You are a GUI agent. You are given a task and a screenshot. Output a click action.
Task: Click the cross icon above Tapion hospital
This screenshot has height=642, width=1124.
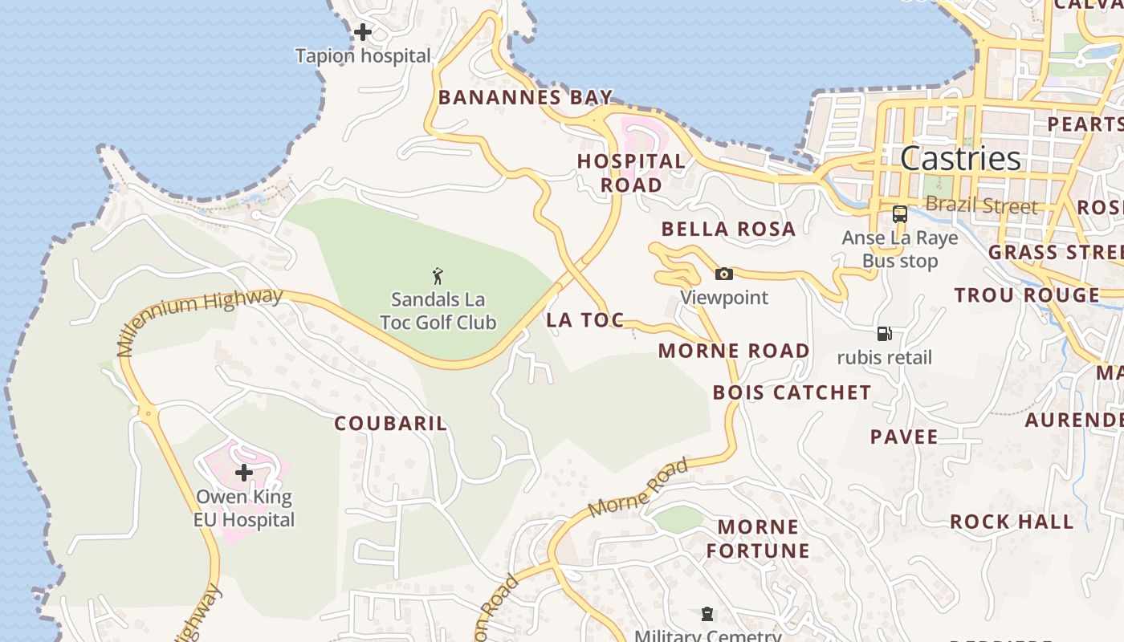363,32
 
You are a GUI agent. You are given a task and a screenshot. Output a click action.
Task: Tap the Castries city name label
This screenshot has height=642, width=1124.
960,158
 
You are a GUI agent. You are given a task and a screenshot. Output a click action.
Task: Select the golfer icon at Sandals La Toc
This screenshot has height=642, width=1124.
438,277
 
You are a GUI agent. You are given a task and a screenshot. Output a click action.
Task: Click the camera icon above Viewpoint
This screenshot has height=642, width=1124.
724,274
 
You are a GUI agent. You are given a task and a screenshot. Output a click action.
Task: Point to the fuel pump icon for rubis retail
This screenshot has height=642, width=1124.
885,334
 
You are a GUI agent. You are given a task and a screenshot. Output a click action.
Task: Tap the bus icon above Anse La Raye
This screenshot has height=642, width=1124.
900,214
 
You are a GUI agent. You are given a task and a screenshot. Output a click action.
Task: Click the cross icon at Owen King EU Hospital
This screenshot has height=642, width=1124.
244,473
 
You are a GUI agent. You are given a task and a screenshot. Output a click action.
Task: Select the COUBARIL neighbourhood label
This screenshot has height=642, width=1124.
390,424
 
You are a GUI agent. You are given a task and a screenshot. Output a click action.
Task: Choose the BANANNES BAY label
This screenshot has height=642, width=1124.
525,98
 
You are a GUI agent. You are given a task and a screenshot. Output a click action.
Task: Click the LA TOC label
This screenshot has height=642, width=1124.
585,320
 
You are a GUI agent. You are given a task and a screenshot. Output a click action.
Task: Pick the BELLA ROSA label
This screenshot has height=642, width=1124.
728,230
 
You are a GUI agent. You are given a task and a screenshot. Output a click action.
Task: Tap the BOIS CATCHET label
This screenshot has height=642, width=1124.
792,392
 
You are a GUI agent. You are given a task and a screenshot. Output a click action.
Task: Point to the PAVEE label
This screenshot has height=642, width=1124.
904,437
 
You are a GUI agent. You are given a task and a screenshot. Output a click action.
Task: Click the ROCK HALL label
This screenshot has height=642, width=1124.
1012,522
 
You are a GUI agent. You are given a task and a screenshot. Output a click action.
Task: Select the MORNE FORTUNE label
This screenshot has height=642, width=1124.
758,538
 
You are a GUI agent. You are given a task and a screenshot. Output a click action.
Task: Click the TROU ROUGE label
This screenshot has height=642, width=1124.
1027,295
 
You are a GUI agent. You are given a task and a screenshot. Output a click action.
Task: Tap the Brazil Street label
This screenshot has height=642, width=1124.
981,205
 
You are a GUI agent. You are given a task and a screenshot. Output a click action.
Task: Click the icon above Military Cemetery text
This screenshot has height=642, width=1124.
707,615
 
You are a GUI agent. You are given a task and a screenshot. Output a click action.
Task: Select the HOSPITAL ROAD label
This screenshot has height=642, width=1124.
631,173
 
